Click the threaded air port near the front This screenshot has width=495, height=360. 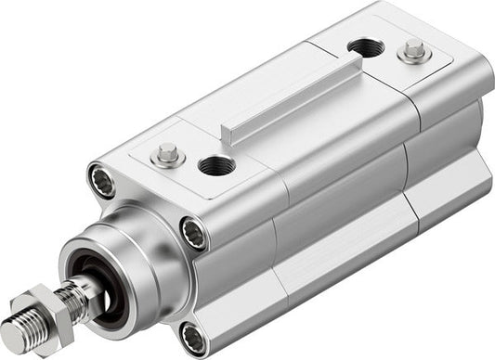pyautogui.click(x=215, y=166)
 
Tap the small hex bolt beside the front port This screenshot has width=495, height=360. pyautogui.click(x=167, y=155)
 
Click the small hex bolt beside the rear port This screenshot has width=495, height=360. pyautogui.click(x=413, y=52)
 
